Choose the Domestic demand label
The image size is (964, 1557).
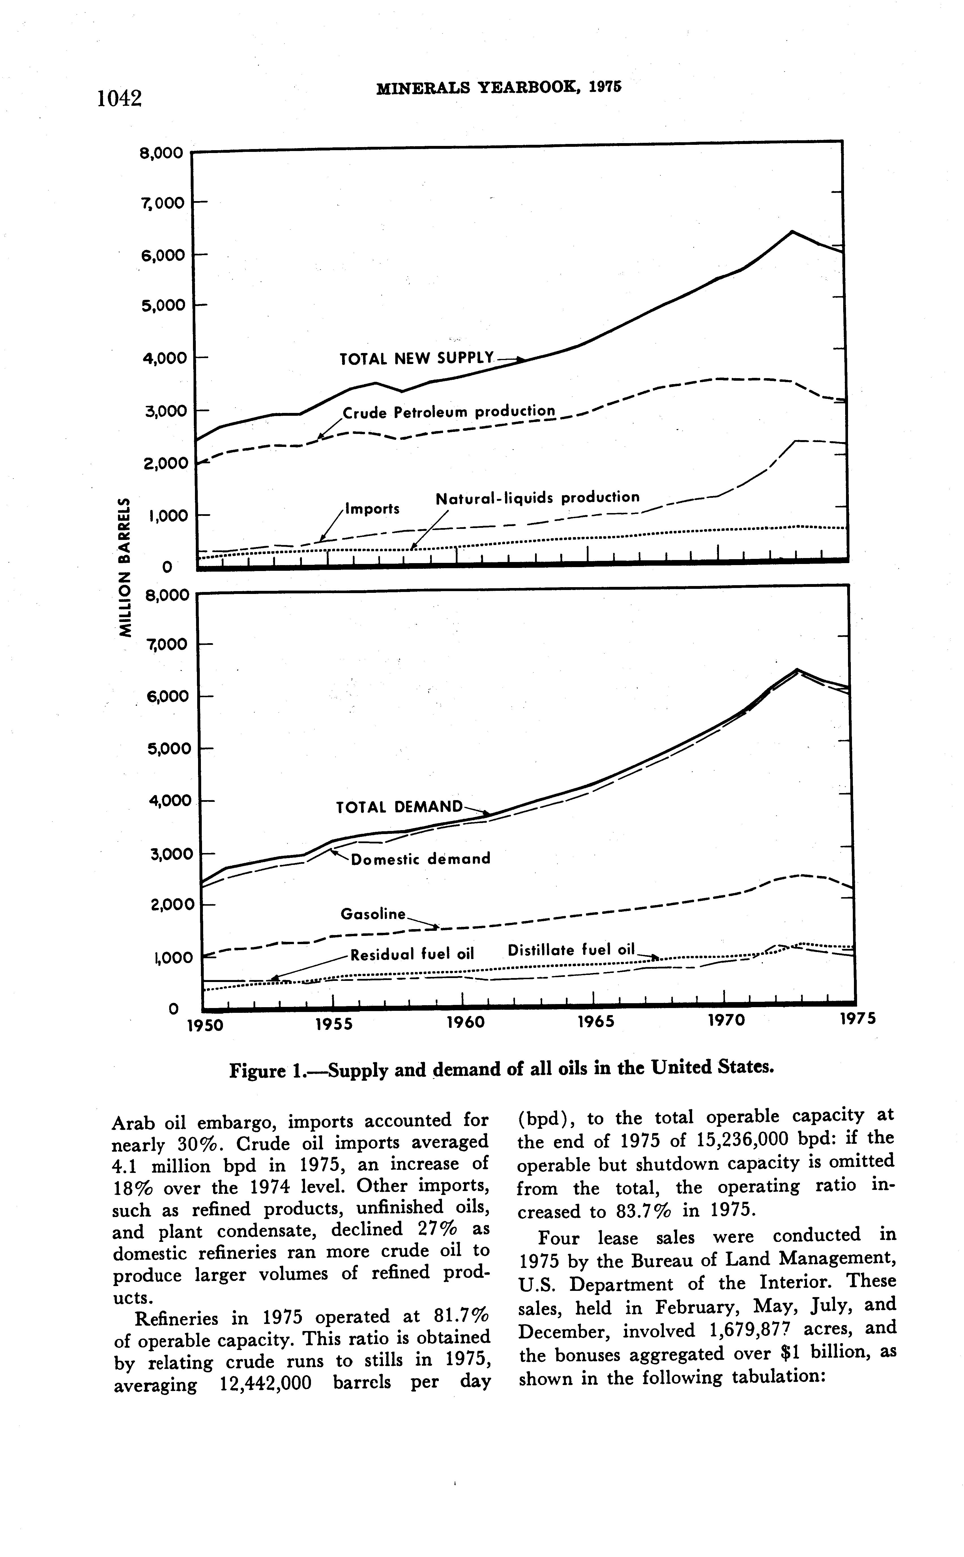[421, 858]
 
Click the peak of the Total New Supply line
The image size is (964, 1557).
[792, 231]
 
